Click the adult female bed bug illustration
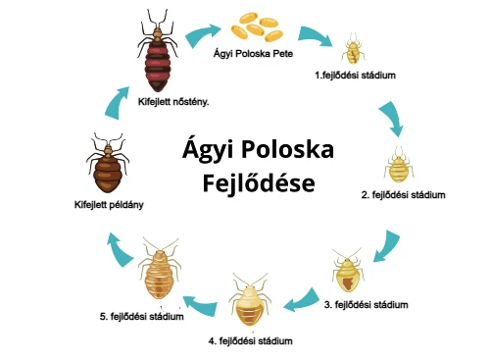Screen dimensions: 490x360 tap(157, 59)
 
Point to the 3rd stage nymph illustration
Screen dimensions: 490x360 tap(350, 270)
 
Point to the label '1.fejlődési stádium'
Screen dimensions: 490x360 tap(354, 75)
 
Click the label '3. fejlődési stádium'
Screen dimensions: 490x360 tap(371, 305)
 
